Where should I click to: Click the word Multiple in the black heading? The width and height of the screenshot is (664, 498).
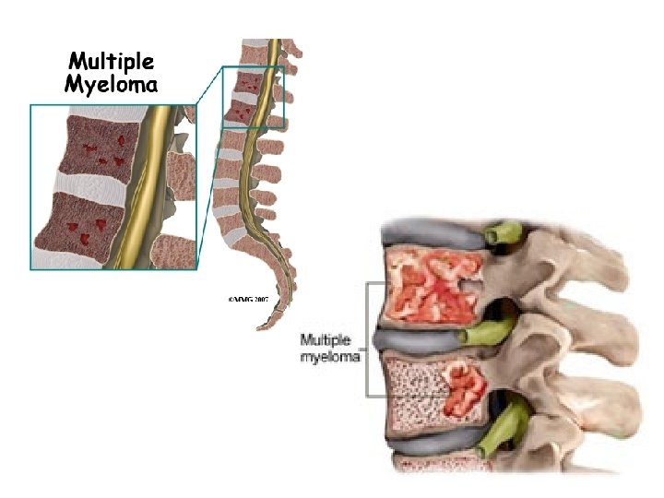click(x=112, y=63)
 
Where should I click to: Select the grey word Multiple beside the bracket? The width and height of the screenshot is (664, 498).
click(x=326, y=338)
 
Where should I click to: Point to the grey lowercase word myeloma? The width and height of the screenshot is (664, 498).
click(x=329, y=356)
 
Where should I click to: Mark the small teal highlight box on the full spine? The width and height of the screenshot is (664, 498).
click(x=253, y=96)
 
